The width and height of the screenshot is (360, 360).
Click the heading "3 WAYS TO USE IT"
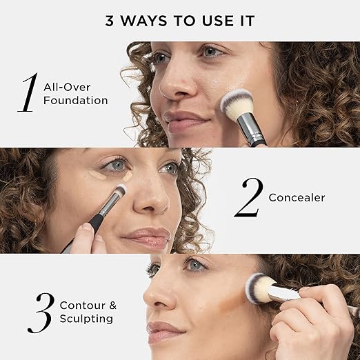[180, 21]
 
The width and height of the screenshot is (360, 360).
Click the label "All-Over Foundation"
[76, 94]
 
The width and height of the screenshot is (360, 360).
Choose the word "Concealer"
[297, 198]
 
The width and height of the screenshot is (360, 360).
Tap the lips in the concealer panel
[146, 238]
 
